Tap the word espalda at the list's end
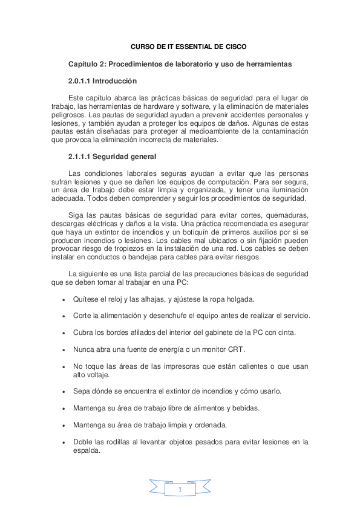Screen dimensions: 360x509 [86, 450]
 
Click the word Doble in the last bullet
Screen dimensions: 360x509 [82, 442]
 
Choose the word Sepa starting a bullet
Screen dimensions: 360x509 [81, 391]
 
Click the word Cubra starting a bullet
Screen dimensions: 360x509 [83, 332]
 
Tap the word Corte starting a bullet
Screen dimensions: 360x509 [82, 316]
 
